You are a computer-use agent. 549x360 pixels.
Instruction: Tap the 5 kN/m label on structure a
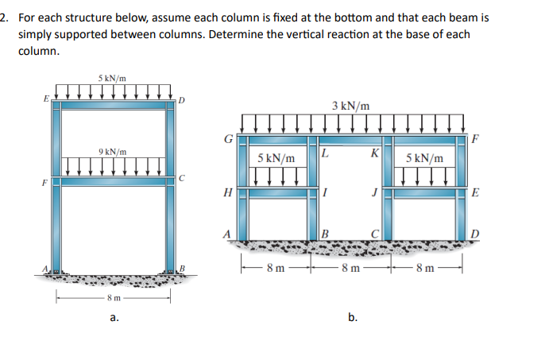pos(112,78)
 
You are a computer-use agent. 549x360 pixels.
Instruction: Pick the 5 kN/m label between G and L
pos(276,159)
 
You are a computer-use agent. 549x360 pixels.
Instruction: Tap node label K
pos(374,153)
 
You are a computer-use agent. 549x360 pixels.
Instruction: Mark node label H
pos(229,192)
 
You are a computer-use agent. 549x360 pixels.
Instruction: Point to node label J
pos(372,192)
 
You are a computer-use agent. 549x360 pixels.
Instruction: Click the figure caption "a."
pos(114,317)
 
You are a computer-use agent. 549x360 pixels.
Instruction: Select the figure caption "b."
pos(352,317)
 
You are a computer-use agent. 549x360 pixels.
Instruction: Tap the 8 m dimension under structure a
pos(114,298)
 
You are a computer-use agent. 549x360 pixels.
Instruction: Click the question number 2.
pos(5,17)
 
